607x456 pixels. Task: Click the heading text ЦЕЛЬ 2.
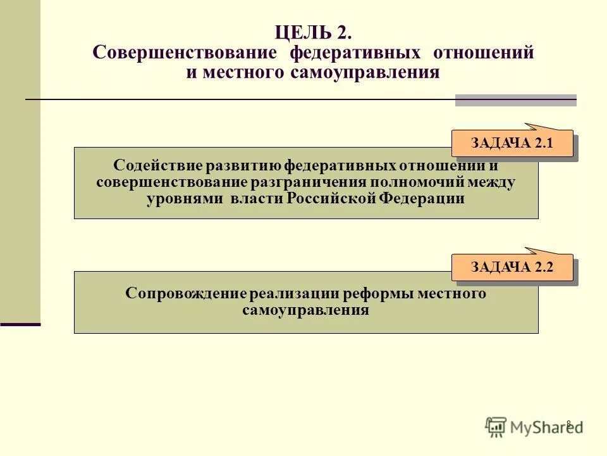click(312, 32)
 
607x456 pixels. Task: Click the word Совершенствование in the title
click(185, 53)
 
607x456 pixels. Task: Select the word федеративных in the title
click(355, 53)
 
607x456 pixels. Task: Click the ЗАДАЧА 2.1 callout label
click(512, 143)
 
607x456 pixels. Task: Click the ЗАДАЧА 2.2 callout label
click(512, 267)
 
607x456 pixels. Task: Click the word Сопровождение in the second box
click(186, 294)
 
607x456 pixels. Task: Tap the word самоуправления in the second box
click(305, 310)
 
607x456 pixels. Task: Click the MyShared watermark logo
click(534, 426)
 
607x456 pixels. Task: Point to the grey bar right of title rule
click(515, 100)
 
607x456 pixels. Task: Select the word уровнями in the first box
click(180, 198)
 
